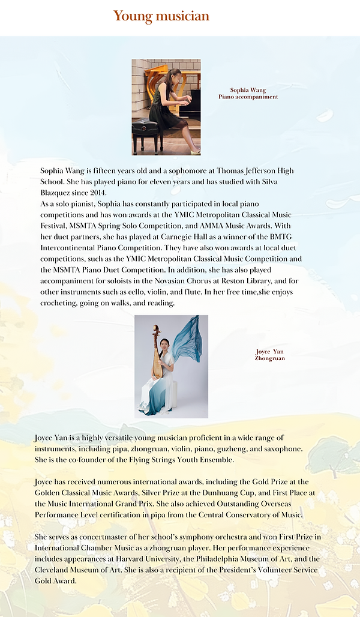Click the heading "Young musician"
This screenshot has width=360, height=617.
[x=161, y=16]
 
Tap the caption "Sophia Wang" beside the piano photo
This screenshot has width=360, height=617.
[x=248, y=90]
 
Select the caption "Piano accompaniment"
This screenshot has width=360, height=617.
[x=248, y=97]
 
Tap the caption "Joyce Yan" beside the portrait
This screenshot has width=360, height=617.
[x=269, y=352]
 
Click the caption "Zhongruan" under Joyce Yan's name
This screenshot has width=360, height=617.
[x=269, y=358]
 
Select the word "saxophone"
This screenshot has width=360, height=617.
[x=283, y=449]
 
